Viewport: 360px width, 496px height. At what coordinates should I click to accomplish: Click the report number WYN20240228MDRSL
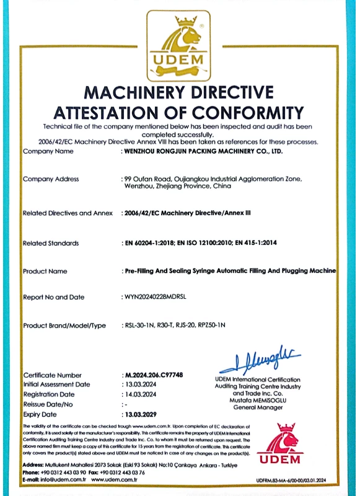click(x=157, y=298)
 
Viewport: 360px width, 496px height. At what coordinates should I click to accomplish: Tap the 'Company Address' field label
click(x=51, y=179)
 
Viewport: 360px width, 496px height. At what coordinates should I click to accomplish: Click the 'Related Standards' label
click(x=51, y=243)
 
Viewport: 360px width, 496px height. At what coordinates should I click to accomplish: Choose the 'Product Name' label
click(x=45, y=271)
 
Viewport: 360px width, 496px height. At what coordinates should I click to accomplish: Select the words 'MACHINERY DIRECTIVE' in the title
click(x=179, y=93)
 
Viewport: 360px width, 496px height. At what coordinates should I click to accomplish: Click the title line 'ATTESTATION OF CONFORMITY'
click(x=179, y=113)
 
